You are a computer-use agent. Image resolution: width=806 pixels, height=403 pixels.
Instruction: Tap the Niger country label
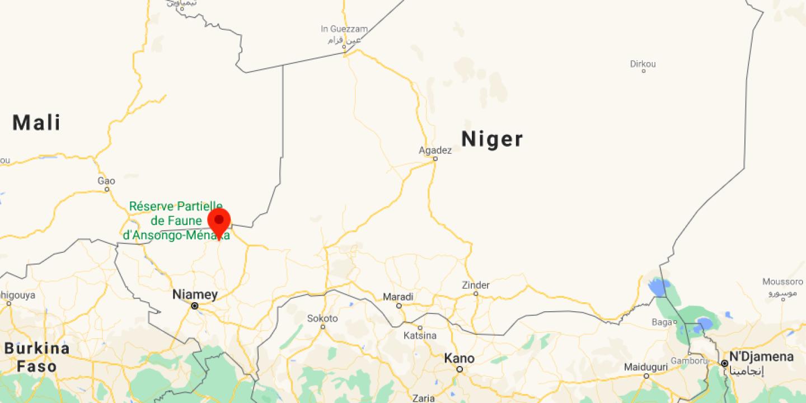click(x=492, y=139)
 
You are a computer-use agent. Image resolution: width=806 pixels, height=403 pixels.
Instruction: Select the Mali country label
click(x=36, y=122)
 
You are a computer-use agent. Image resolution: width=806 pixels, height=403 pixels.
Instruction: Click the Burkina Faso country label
click(x=37, y=357)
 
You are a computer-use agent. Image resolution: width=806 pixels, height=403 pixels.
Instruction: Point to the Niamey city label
click(x=195, y=294)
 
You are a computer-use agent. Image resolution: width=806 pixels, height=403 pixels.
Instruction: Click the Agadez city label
click(x=435, y=150)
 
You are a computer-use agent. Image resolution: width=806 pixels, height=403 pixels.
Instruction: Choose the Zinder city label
click(x=475, y=285)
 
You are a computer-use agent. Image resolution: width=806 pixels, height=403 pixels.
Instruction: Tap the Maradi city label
click(x=398, y=297)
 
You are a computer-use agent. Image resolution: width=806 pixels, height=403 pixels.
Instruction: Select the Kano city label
click(x=460, y=358)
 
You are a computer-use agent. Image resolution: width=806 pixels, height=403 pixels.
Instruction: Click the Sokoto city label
click(x=322, y=318)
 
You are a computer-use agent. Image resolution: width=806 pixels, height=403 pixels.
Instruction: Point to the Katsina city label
click(x=420, y=336)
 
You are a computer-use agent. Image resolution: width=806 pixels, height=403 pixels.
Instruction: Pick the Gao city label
click(x=106, y=181)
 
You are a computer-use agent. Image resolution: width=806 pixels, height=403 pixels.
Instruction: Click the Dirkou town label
click(x=643, y=64)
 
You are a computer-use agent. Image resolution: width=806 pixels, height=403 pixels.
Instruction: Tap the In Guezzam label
click(x=344, y=29)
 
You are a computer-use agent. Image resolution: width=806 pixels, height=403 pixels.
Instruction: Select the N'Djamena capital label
click(x=761, y=357)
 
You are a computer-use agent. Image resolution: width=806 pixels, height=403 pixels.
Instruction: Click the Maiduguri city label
click(x=645, y=367)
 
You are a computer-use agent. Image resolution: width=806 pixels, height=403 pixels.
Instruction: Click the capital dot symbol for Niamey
click(x=195, y=306)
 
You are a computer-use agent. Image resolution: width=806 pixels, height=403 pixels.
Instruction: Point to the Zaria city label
click(x=423, y=398)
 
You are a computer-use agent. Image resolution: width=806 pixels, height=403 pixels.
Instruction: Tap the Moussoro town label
click(x=782, y=282)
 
